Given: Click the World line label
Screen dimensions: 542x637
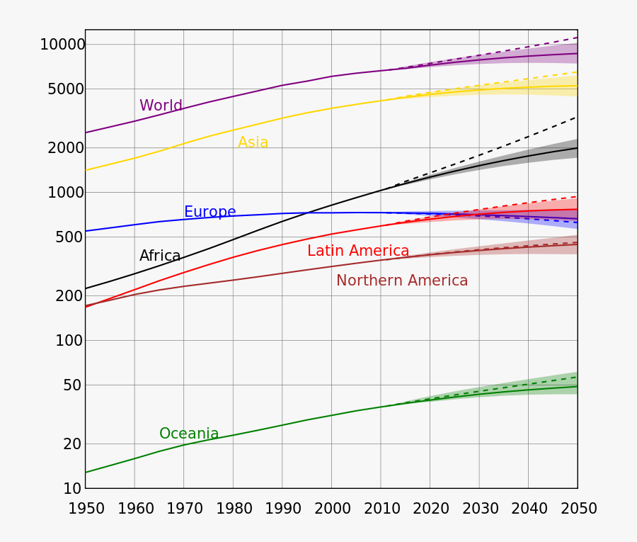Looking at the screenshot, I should (x=161, y=106).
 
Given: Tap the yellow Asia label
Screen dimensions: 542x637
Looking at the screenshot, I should (x=253, y=142).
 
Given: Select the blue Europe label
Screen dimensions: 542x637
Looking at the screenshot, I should (x=210, y=212).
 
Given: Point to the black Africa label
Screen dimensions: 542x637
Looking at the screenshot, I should (x=160, y=256).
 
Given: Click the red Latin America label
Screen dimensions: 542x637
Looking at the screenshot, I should (x=358, y=251).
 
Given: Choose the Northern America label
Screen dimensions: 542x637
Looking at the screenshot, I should (x=402, y=281).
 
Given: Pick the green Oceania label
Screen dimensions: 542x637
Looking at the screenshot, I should (x=189, y=434).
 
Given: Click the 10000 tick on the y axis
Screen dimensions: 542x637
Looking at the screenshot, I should (x=62, y=45).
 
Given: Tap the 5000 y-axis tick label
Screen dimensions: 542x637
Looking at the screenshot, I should (x=66, y=89).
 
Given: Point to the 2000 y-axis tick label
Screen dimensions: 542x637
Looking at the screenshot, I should (x=66, y=148).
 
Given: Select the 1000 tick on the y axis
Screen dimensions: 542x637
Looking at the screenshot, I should (x=66, y=193).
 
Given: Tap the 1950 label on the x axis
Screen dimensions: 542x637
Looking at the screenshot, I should (x=86, y=509).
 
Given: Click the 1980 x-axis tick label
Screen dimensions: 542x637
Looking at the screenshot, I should (x=234, y=509).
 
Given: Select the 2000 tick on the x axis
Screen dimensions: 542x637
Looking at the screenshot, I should (x=333, y=509).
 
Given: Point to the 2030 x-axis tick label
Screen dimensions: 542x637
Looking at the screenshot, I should (x=481, y=509).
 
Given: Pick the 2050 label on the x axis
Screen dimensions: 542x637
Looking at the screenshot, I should (x=578, y=509).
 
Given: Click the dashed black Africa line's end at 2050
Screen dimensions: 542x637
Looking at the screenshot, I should (x=577, y=118).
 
